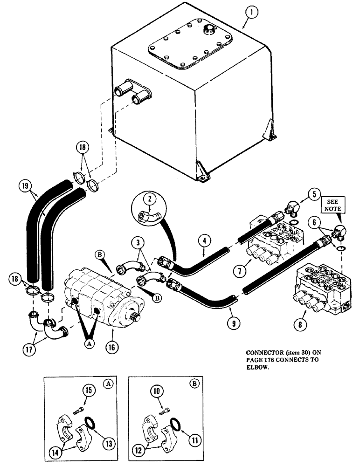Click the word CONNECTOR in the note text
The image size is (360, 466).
[x=260, y=353]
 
